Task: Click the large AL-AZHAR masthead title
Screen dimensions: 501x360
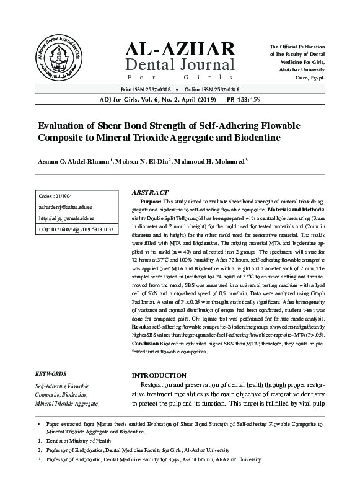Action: coord(180,49)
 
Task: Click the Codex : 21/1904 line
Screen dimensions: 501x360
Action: coord(55,197)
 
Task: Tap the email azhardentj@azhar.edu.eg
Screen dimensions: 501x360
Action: coord(66,208)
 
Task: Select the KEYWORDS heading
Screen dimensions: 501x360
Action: coord(51,375)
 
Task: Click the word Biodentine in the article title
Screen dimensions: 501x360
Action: coord(254,136)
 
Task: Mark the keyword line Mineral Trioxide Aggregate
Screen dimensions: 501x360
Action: coord(67,404)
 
